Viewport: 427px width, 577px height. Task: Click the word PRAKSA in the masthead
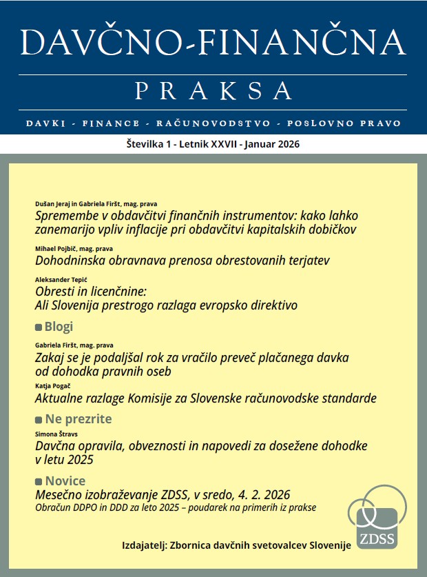click(213, 90)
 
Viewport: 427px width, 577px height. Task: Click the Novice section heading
click(65, 481)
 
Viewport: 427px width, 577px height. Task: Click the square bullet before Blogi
click(39, 327)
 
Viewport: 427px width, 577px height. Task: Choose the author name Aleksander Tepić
click(62, 280)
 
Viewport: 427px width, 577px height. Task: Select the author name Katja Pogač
click(54, 387)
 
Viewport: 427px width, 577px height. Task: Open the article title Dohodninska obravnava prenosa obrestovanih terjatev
click(183, 261)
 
